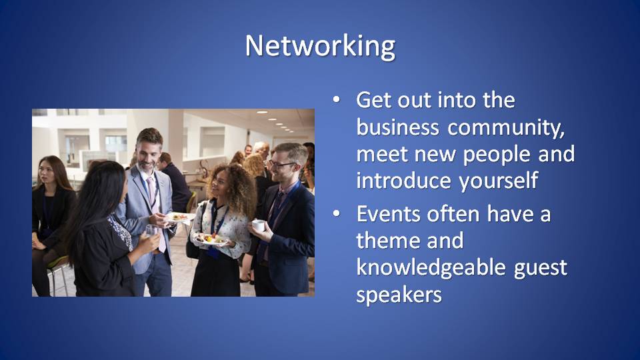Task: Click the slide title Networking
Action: point(320,46)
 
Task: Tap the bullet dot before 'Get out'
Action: point(336,99)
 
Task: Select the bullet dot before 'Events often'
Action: point(336,213)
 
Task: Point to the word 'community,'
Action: point(506,129)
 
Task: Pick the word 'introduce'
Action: point(404,181)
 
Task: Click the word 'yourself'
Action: point(498,181)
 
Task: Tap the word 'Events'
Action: point(388,214)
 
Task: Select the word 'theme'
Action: point(387,241)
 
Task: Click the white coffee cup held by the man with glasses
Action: point(259,225)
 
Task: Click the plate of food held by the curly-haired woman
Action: point(211,239)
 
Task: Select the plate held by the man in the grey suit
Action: point(179,217)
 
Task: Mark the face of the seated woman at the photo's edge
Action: point(47,174)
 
